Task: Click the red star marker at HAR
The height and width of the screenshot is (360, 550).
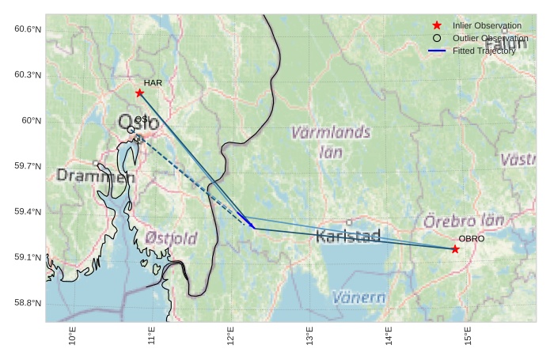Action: coord(140,93)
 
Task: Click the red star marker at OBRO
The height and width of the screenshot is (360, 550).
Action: coord(455,249)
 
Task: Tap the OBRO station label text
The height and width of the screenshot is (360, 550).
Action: coord(472,239)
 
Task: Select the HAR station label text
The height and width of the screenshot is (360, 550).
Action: coord(153,82)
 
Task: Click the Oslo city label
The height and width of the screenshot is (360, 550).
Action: coord(138,123)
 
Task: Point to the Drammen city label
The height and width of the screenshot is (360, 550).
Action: coord(90,176)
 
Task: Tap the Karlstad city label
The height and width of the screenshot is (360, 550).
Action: coord(348,236)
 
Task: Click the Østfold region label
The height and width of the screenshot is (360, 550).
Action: coord(171,237)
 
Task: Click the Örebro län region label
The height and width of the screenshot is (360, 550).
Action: coord(464,222)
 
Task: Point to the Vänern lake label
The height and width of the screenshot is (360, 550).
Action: coord(358,298)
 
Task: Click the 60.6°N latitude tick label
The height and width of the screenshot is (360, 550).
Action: coord(27,29)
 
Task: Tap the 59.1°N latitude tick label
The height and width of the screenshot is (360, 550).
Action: coord(27,258)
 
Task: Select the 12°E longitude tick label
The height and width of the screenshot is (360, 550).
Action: coord(230,335)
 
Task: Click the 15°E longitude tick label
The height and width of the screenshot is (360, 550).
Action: coord(467,335)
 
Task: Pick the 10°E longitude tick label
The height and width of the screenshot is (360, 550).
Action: coord(73,335)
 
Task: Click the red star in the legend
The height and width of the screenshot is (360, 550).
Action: coord(437,26)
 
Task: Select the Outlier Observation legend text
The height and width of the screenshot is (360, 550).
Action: coord(490,38)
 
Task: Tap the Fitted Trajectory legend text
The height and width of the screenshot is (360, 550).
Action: coord(484,51)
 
